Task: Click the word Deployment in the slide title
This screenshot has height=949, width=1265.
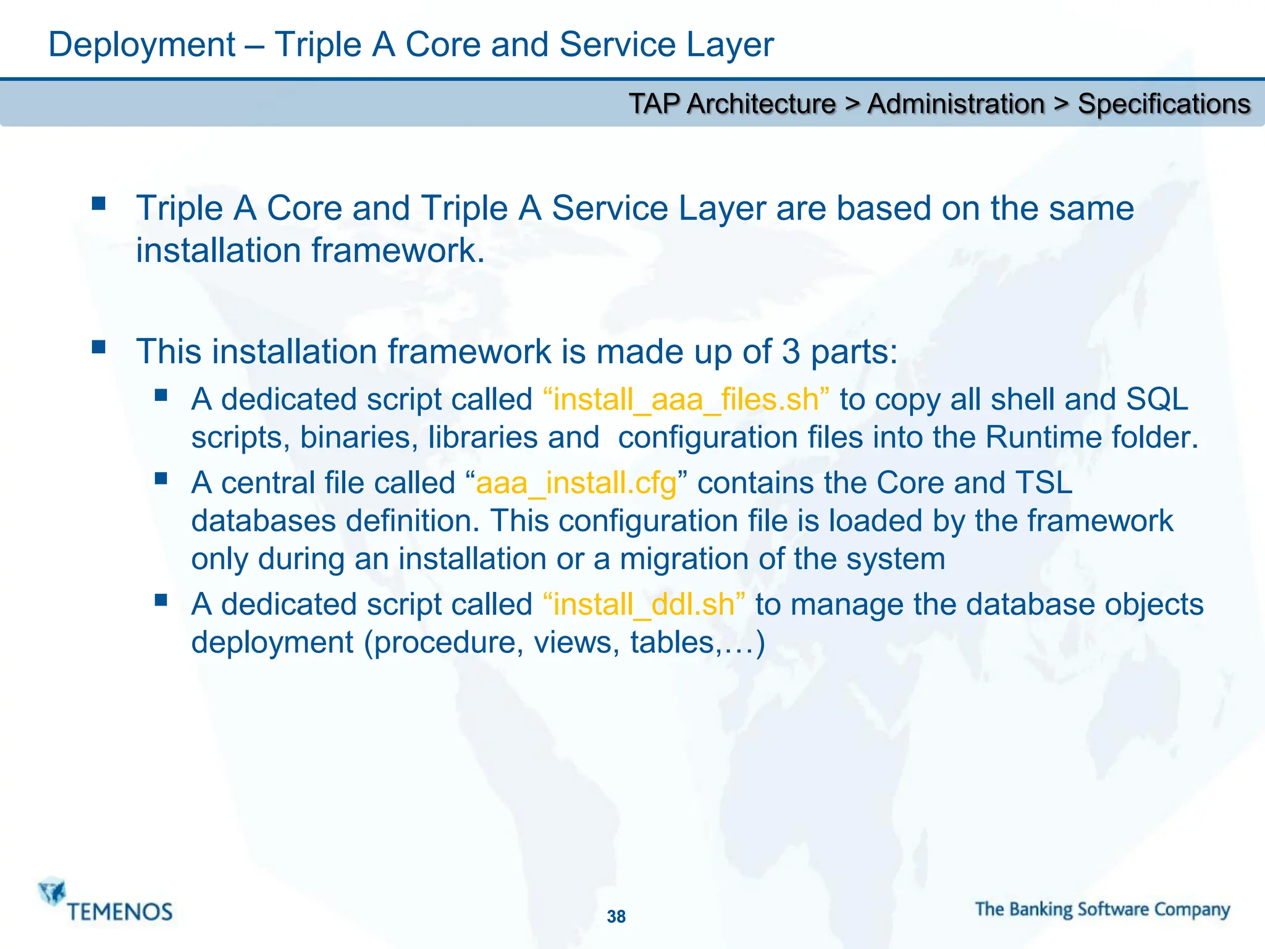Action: tap(141, 45)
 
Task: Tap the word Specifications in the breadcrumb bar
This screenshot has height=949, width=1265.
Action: tap(1164, 104)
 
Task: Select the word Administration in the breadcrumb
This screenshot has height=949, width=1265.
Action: tap(956, 104)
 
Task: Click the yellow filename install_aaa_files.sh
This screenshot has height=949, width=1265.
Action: tap(686, 400)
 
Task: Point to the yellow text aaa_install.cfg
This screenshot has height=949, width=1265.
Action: tap(576, 483)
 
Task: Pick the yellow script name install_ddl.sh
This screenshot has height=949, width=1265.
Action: tap(644, 604)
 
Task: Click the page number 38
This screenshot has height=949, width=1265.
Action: tap(616, 916)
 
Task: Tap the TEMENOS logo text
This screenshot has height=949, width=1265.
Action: tap(120, 912)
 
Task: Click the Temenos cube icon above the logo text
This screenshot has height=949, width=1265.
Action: tap(52, 891)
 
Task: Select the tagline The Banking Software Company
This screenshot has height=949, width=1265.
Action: tap(1102, 909)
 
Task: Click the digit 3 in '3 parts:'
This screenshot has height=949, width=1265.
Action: tap(791, 352)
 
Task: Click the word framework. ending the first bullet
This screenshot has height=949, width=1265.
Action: tap(398, 251)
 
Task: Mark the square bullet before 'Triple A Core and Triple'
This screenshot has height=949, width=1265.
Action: tap(98, 203)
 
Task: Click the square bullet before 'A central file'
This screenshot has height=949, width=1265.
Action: tap(161, 478)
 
